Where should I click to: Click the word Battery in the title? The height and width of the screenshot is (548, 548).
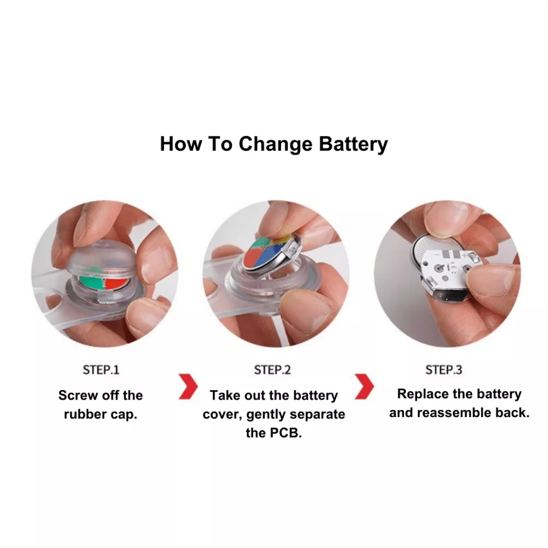point(353,144)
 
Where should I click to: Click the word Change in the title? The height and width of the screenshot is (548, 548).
point(276,144)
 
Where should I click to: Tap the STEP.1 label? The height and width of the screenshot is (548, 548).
point(101,370)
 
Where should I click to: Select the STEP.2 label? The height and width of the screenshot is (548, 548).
point(272,370)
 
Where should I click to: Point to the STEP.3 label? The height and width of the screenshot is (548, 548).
point(444,370)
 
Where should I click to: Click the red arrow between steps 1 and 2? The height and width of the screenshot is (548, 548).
point(189,386)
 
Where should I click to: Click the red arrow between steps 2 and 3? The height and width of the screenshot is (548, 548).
point(364,386)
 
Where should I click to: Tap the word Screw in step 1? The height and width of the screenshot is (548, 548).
point(78,395)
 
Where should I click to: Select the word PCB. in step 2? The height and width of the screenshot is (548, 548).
point(286,433)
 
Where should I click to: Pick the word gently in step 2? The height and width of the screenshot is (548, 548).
point(266,415)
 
